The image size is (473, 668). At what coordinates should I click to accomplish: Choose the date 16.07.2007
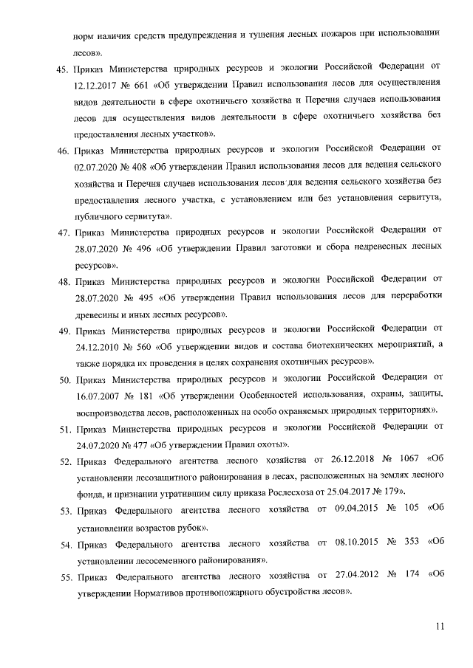point(99,396)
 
